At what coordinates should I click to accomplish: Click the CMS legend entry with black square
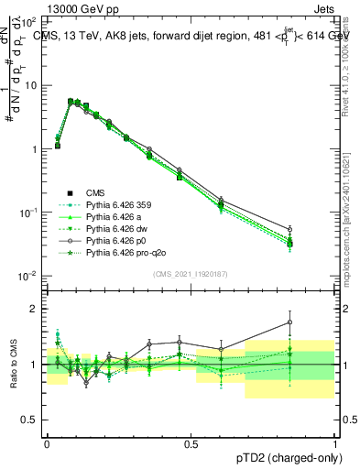[95, 193]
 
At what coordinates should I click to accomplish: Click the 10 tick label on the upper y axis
[31, 85]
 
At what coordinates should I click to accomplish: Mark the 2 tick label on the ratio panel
[38, 309]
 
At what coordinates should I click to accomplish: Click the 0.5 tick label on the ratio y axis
[32, 420]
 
